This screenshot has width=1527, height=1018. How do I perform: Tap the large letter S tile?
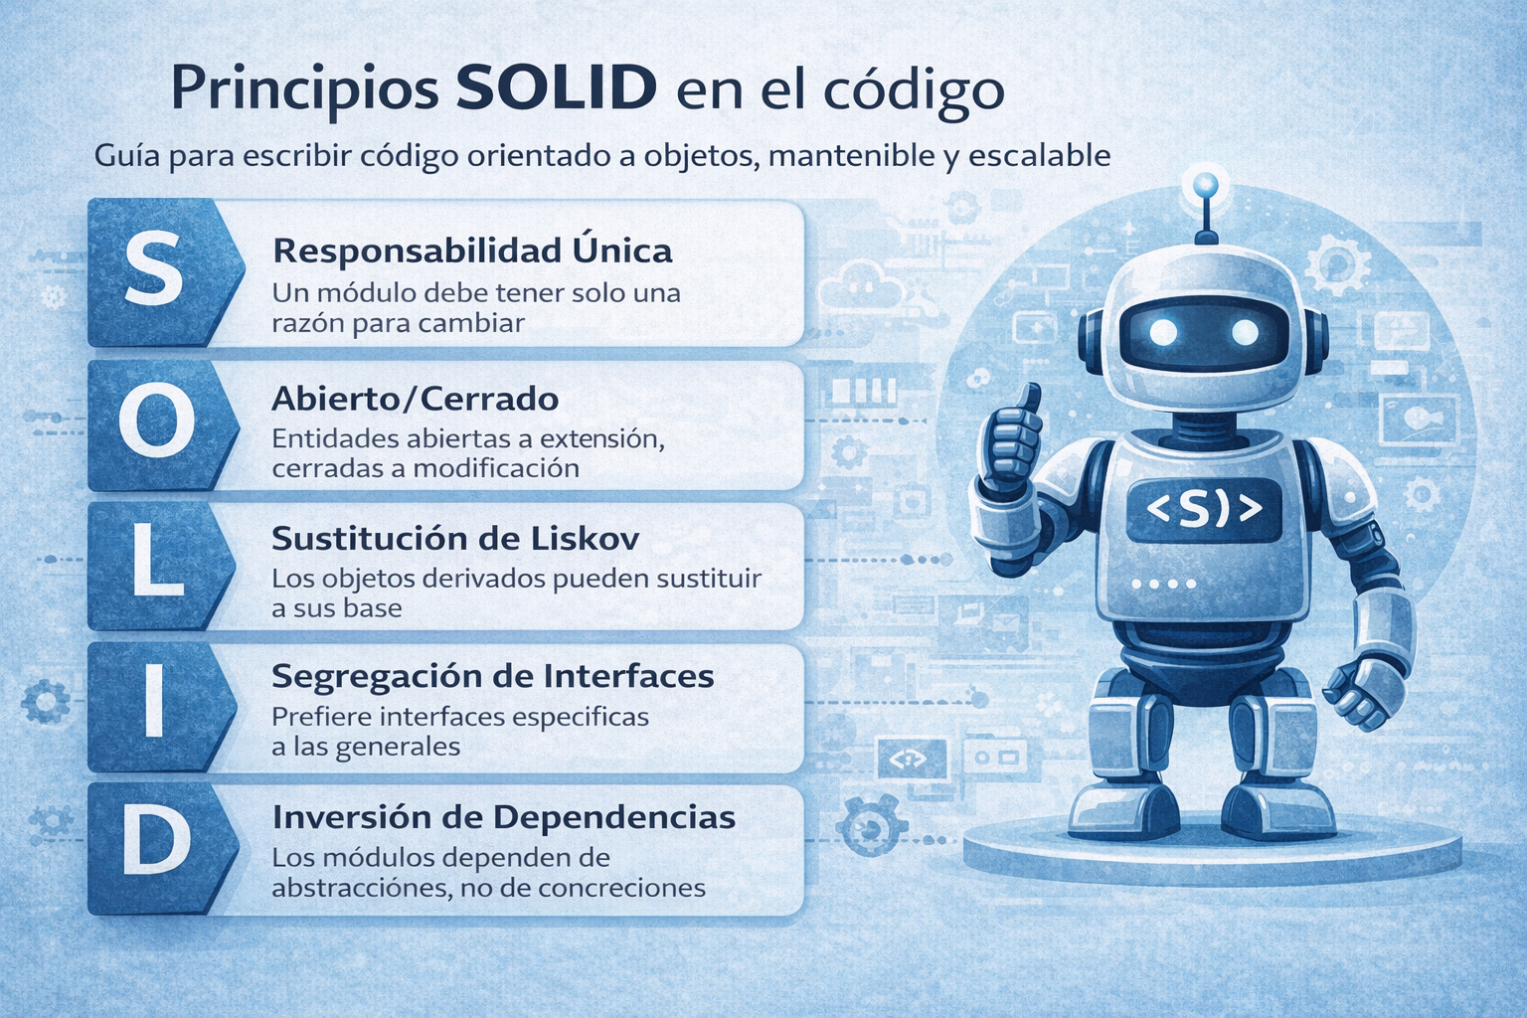(x=155, y=271)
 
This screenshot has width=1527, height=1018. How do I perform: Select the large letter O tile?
(x=155, y=424)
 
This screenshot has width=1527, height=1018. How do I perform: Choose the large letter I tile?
(x=154, y=706)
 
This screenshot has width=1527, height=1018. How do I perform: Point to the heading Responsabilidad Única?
(x=472, y=251)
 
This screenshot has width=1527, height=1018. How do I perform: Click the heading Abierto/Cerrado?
(x=415, y=399)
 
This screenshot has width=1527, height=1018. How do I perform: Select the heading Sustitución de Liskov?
(x=455, y=539)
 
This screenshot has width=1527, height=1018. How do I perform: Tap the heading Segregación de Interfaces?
(x=492, y=677)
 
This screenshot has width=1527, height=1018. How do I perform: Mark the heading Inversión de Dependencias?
(x=503, y=817)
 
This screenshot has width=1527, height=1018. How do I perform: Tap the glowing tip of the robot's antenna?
(x=1206, y=184)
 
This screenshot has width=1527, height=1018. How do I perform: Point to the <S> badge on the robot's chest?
(x=1204, y=510)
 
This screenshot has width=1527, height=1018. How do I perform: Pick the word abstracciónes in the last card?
(x=361, y=888)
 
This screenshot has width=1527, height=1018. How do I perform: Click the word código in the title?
(x=914, y=89)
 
